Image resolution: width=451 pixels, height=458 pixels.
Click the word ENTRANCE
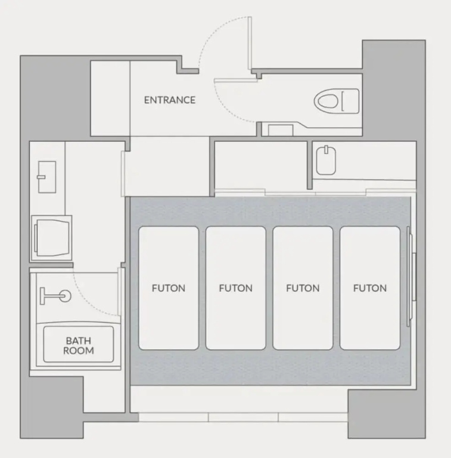click(169, 100)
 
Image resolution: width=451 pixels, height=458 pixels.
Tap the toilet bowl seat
click(326, 101)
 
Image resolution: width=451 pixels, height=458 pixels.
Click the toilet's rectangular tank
click(350, 101)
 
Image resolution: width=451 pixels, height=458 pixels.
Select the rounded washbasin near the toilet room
click(326, 160)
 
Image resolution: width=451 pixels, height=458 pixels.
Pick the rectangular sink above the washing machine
click(47, 177)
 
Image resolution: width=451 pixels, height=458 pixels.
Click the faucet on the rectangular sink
click(41, 177)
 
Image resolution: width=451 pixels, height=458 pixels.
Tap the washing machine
click(51, 238)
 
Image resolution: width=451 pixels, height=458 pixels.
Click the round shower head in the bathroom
click(66, 296)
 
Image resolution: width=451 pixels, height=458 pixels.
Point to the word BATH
click(79, 341)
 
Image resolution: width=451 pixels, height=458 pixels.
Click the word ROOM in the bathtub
click(79, 351)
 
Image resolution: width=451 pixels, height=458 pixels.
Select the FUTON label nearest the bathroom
click(169, 288)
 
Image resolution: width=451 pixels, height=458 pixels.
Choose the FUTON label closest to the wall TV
click(370, 288)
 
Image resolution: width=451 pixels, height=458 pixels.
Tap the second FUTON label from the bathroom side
click(236, 288)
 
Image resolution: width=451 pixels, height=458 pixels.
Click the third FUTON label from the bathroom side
click(303, 288)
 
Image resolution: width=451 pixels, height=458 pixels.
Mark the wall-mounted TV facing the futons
click(411, 276)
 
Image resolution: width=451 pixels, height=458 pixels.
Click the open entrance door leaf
click(250, 43)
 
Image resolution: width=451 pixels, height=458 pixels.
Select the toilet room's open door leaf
click(236, 81)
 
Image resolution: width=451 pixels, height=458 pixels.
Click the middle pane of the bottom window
click(243, 417)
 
